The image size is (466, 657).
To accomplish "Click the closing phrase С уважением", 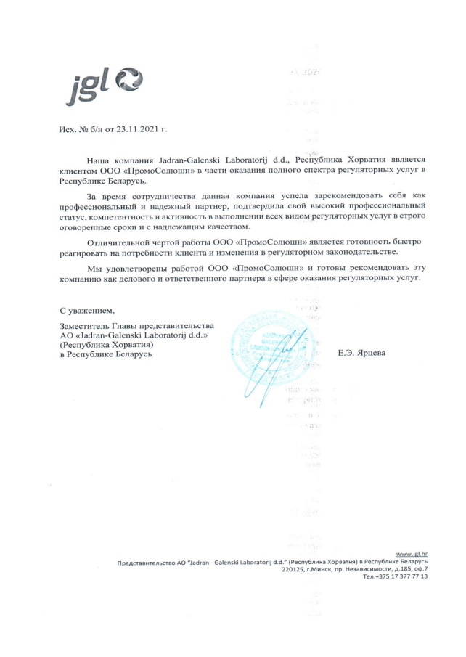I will [x=87, y=311].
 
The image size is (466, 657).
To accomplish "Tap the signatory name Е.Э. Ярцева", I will [x=362, y=354].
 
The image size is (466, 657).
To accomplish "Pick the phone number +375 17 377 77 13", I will [x=399, y=576].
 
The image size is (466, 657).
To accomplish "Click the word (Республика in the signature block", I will [x=84, y=344].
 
